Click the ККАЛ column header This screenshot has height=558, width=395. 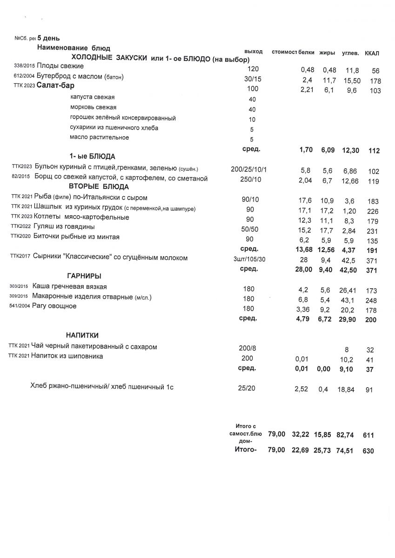pos(372,53)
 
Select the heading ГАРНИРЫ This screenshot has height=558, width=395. pos(84,276)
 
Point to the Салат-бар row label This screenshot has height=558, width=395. pos(55,86)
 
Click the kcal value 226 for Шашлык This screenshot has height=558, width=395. pos(372,210)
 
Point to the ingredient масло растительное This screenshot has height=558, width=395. pos(100,137)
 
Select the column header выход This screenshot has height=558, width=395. pos(253,51)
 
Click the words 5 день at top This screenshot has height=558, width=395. pos(48,38)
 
